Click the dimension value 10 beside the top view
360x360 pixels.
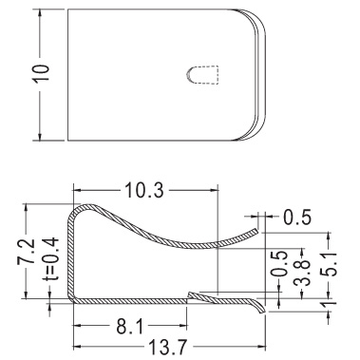(42, 74)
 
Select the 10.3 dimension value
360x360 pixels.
(144, 191)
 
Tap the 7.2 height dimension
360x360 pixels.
(27, 252)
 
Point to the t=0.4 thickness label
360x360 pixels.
(50, 258)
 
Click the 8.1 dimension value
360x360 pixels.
(130, 327)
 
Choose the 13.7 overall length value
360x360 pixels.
(168, 348)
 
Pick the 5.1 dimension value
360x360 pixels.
(329, 265)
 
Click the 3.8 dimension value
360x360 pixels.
(301, 273)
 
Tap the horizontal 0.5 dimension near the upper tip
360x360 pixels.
(297, 217)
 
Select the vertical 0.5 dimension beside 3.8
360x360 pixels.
(279, 264)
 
